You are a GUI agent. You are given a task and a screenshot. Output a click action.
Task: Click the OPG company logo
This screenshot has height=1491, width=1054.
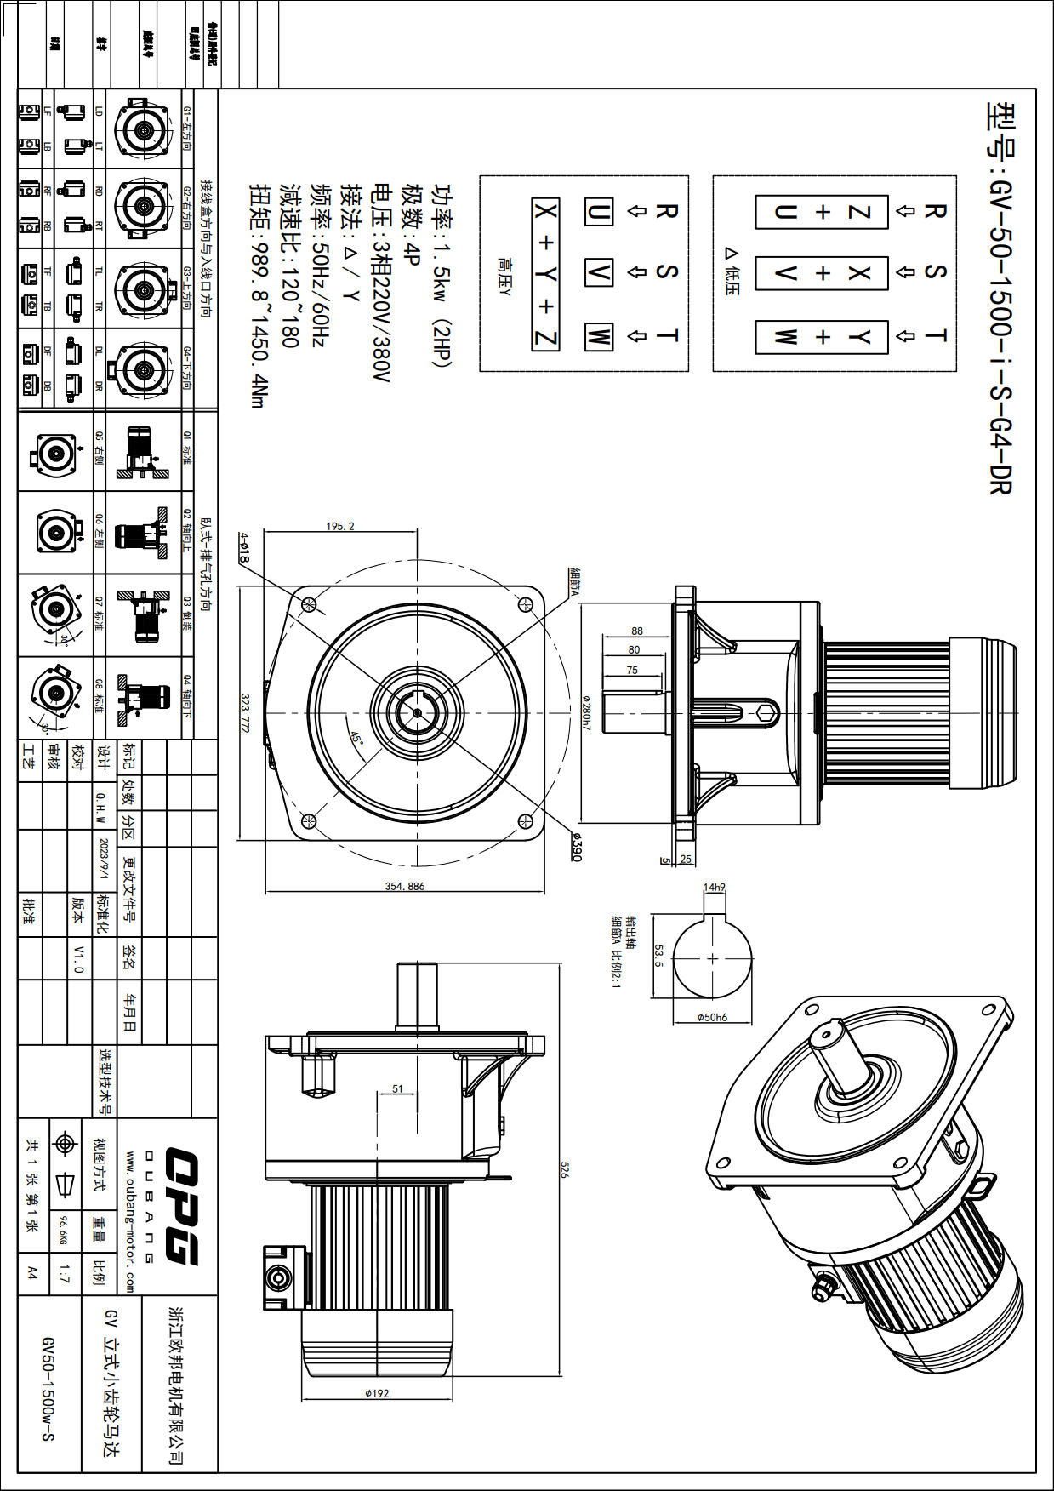180,1206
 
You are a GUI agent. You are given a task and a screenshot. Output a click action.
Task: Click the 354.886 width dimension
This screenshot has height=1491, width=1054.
404,886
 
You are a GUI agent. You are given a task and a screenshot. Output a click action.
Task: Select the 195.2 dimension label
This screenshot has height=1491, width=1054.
340,526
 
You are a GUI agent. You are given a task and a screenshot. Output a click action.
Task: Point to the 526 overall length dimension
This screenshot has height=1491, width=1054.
562,1169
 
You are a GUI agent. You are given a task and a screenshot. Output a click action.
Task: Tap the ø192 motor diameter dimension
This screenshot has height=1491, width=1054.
377,1393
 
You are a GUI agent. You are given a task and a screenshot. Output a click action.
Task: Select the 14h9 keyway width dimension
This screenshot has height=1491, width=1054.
714,887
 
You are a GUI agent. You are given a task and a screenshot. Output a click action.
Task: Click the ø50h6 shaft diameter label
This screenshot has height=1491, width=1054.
712,1017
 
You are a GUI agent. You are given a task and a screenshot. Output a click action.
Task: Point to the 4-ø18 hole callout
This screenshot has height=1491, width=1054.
243,548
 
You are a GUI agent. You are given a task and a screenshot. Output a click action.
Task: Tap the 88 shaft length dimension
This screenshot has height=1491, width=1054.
637,631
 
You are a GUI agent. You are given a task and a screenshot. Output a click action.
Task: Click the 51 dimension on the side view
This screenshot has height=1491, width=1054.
398,1088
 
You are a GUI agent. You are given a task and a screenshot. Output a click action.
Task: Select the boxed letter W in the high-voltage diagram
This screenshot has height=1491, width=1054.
598,336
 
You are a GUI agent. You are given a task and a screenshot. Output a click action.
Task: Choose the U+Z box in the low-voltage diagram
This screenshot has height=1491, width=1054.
822,211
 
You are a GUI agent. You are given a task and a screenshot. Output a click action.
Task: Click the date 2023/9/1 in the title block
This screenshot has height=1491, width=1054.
104,859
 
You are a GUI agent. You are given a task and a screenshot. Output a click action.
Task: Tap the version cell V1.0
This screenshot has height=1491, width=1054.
79,959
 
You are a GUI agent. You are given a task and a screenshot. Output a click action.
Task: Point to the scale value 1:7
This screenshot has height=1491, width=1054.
65,1274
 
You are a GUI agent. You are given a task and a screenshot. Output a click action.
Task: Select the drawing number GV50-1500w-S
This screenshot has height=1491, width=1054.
48,1387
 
